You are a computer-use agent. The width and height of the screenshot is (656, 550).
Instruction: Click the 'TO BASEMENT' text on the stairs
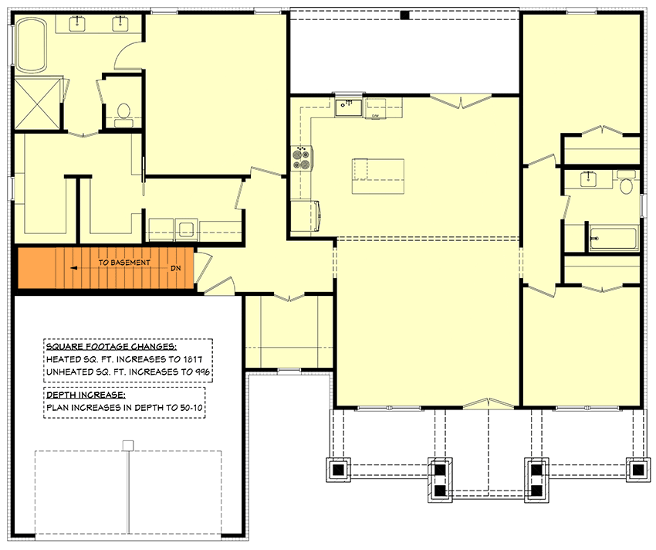tap(124, 263)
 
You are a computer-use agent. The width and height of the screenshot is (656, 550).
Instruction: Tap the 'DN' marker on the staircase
tap(175, 268)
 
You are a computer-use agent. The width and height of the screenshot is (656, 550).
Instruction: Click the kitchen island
tap(378, 176)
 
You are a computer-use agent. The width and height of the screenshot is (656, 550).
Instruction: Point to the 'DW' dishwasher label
tap(376, 116)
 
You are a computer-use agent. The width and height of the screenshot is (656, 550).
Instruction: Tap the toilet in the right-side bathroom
tap(626, 185)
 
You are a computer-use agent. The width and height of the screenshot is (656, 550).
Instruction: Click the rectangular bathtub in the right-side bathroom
tap(614, 239)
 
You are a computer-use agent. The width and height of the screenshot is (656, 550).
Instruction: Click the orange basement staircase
tap(104, 268)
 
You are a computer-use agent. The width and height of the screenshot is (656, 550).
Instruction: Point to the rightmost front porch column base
tap(637, 468)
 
